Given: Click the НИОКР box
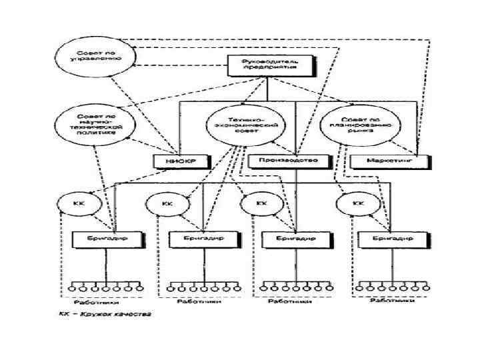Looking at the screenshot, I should click(x=175, y=161).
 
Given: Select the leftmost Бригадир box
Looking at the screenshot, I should click(x=107, y=239).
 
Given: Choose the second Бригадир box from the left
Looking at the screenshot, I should click(x=201, y=239).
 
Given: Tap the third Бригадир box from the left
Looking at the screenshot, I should click(x=295, y=238).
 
